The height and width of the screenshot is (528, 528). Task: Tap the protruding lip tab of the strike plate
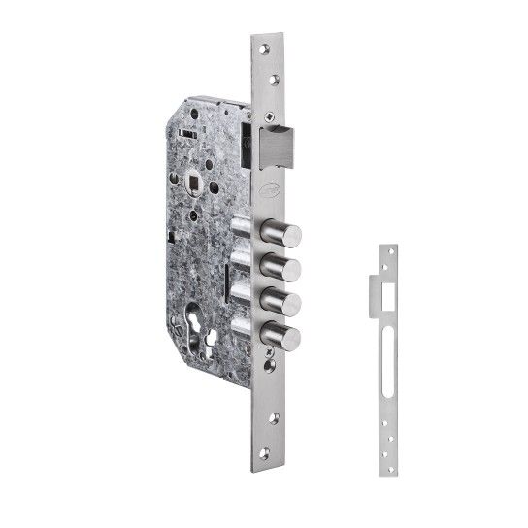coord(377,286)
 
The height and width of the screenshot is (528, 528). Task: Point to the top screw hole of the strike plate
coord(390,257)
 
